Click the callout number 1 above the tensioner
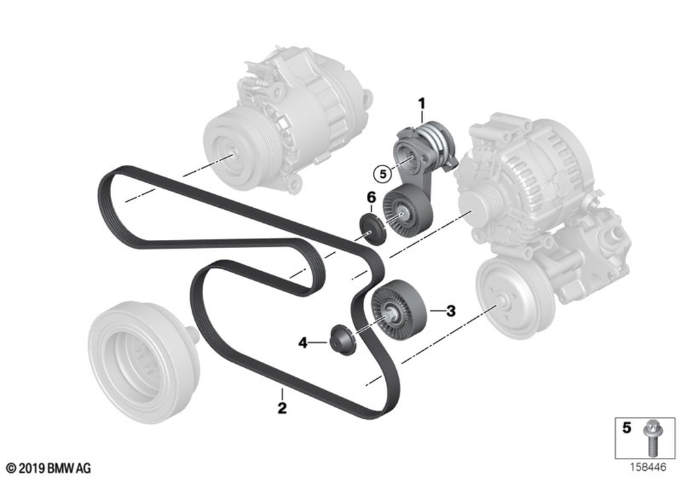click(x=421, y=104)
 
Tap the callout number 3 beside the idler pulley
click(x=451, y=311)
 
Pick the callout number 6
click(x=371, y=197)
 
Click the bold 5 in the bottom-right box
click(x=626, y=429)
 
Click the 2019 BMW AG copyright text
click(x=48, y=467)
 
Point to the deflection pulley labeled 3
click(x=399, y=311)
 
